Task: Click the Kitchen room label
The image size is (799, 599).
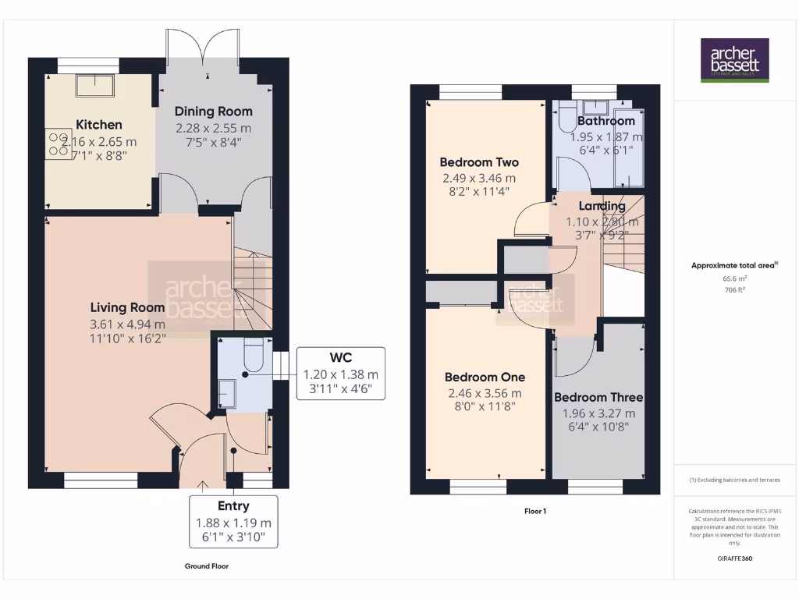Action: pos(98,124)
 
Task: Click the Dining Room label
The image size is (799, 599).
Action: pos(213,111)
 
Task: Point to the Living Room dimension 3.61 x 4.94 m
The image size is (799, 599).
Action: pos(127,324)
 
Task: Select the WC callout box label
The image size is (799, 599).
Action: pos(340,357)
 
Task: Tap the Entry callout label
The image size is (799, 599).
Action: pos(233,505)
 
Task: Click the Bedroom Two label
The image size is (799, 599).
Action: pos(479,162)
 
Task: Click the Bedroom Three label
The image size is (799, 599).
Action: pos(598,397)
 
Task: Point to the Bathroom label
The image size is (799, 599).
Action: pos(606,121)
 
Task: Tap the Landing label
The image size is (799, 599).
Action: pos(602,206)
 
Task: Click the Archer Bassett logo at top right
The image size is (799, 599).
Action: pos(734,60)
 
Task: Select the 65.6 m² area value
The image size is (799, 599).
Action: pos(734,278)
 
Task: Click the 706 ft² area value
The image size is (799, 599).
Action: pos(734,289)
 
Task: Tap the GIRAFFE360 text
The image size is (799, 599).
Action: pos(734,558)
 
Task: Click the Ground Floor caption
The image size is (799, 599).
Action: pos(207,566)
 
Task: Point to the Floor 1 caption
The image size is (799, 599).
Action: pos(536,512)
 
